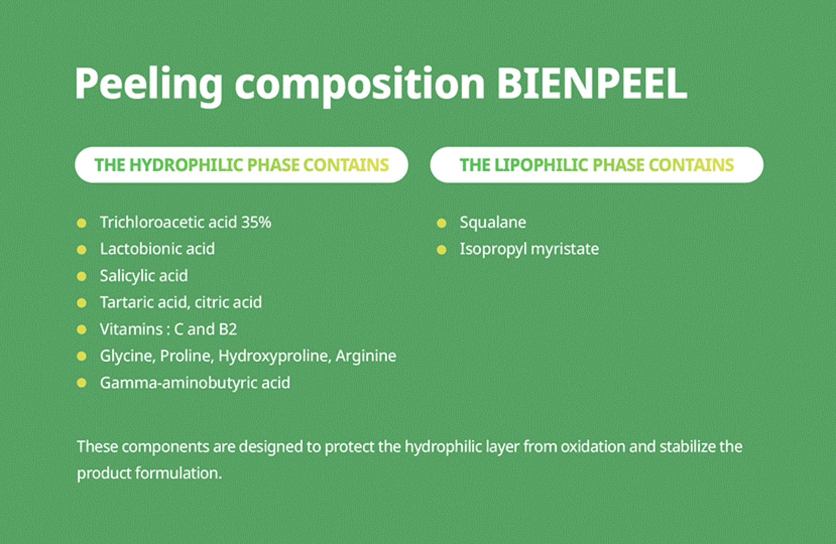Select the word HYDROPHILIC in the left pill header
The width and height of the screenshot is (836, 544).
tap(186, 165)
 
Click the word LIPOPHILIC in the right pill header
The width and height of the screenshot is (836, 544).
tap(541, 165)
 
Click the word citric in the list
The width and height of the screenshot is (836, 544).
tap(211, 302)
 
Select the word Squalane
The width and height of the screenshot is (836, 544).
tap(493, 223)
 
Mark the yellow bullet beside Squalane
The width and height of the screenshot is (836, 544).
tap(442, 223)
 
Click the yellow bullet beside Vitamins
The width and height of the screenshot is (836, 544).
tap(82, 329)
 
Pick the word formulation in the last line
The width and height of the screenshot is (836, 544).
tap(179, 473)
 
